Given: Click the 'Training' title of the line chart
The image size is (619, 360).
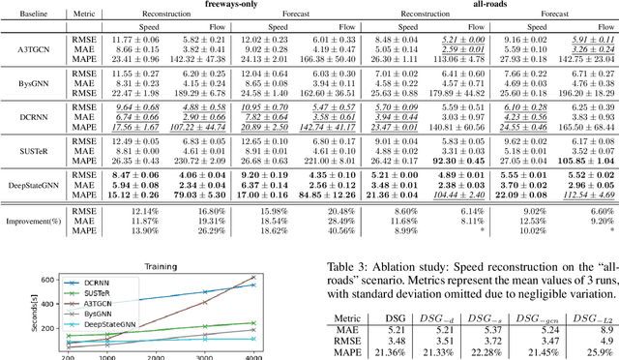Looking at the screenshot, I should tap(166, 267).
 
